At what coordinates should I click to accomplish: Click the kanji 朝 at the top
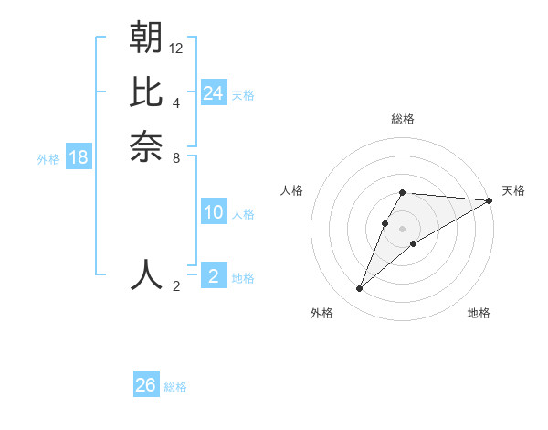click(146, 38)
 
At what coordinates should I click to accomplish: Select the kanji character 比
click(146, 91)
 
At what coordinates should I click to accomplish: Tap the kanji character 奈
click(146, 145)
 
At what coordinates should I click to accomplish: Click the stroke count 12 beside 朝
click(176, 48)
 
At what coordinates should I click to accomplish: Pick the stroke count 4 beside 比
click(176, 102)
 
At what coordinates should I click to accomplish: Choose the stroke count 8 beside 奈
click(176, 156)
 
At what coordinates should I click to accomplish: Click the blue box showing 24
click(214, 93)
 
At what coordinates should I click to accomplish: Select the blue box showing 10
click(214, 212)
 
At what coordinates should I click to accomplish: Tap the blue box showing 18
click(79, 157)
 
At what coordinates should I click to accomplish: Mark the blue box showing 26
click(146, 385)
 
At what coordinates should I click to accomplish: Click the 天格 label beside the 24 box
click(243, 95)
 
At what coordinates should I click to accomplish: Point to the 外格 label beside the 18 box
click(48, 159)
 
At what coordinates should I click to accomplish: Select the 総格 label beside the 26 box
click(175, 387)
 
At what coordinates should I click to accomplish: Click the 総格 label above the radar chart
click(403, 119)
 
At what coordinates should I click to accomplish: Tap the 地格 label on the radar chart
click(479, 314)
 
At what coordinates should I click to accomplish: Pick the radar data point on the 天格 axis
click(490, 200)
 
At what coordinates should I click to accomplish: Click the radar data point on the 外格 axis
click(359, 289)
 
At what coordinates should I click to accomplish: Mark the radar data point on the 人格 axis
click(385, 223)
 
